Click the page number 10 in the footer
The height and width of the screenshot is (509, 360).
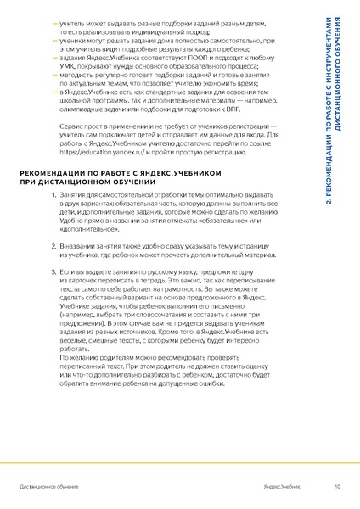point(337,487)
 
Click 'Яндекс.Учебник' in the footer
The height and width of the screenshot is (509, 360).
point(282,487)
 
